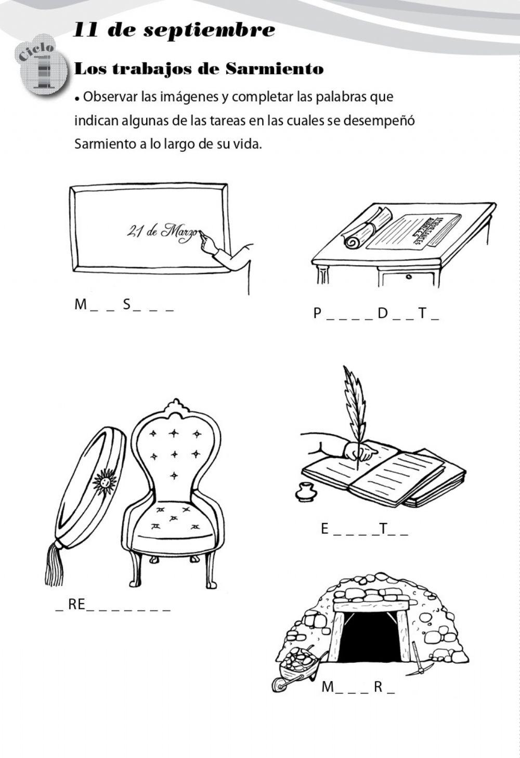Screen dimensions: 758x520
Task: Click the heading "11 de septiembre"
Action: (174, 30)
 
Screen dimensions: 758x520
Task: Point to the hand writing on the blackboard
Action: (209, 243)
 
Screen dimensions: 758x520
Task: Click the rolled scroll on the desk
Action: (367, 229)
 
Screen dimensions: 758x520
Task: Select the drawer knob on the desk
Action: (409, 277)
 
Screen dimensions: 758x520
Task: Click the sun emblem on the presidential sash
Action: (105, 481)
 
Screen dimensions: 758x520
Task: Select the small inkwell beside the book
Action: (304, 492)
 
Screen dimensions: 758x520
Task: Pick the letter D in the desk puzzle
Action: (383, 313)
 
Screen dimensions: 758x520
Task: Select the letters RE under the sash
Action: (76, 604)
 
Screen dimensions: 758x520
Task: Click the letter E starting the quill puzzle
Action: (325, 529)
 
